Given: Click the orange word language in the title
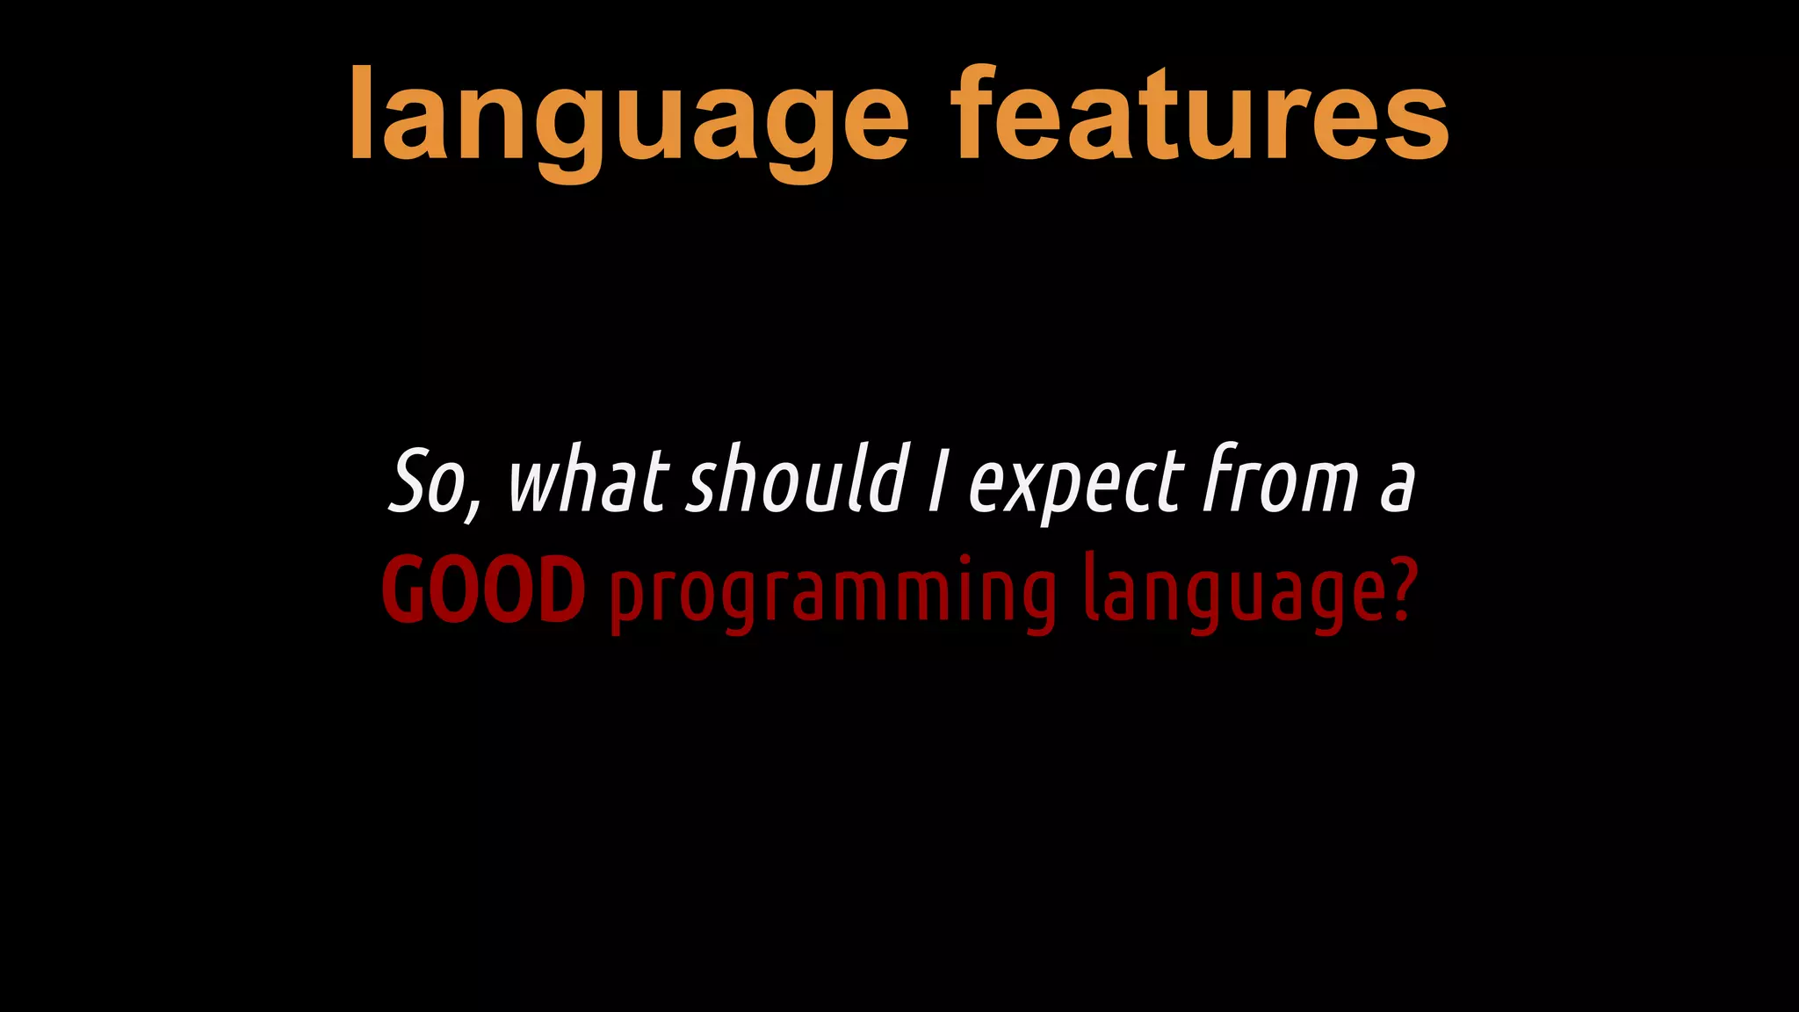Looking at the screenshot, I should tap(628, 119).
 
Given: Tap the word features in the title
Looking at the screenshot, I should tap(1200, 114).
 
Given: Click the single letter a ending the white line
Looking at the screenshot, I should tap(1397, 488).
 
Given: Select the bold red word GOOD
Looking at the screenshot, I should tap(484, 591).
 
